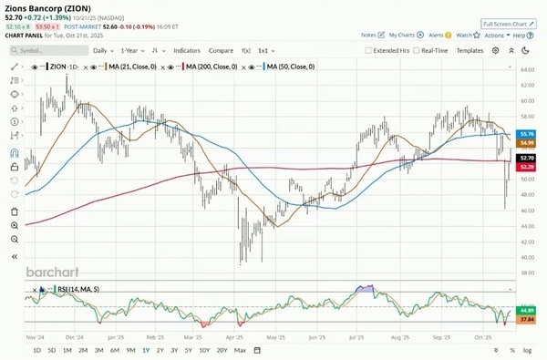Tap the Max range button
click(x=240, y=350)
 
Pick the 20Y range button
click(x=222, y=350)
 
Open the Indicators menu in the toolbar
click(x=187, y=51)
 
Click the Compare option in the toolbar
click(x=221, y=51)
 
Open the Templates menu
click(x=470, y=51)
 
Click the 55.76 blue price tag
click(x=526, y=133)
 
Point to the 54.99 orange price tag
click(x=526, y=143)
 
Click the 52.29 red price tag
click(x=526, y=166)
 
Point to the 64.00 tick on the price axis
click(x=526, y=69)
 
